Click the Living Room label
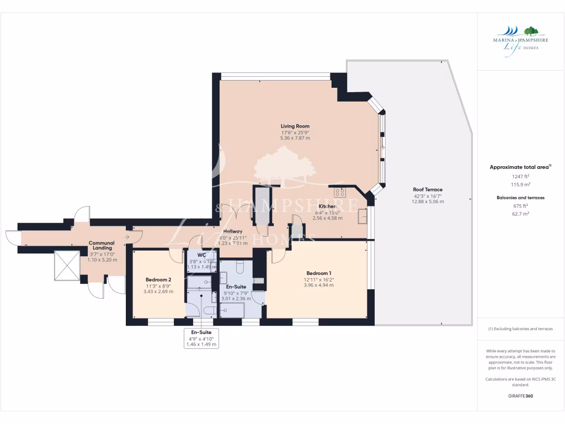[x=295, y=126]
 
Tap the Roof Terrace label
[x=428, y=189]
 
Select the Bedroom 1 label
[x=319, y=273]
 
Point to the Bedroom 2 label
[x=158, y=279]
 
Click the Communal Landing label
[x=102, y=246]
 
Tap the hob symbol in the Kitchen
[x=340, y=193]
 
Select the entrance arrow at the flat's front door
[x=128, y=237]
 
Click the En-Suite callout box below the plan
[x=201, y=338]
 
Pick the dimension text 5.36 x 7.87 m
[x=295, y=138]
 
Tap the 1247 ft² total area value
[x=520, y=177]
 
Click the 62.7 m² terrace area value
[x=520, y=213]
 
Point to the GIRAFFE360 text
[x=520, y=396]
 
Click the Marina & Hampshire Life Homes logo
[x=520, y=38]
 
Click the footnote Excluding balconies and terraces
[x=520, y=328]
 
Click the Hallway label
[x=233, y=231]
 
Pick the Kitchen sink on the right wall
[x=363, y=215]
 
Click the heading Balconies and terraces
[x=520, y=197]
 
